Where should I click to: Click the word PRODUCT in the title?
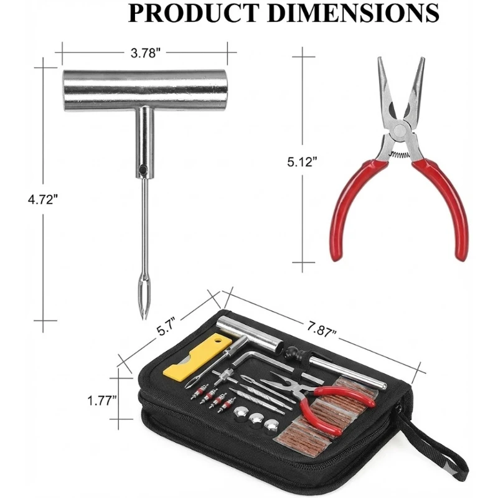193,13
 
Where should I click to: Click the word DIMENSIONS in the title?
353,13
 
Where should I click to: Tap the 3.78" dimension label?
144,53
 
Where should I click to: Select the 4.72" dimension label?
43,200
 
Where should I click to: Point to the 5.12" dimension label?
303,162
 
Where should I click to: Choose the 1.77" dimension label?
102,400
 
